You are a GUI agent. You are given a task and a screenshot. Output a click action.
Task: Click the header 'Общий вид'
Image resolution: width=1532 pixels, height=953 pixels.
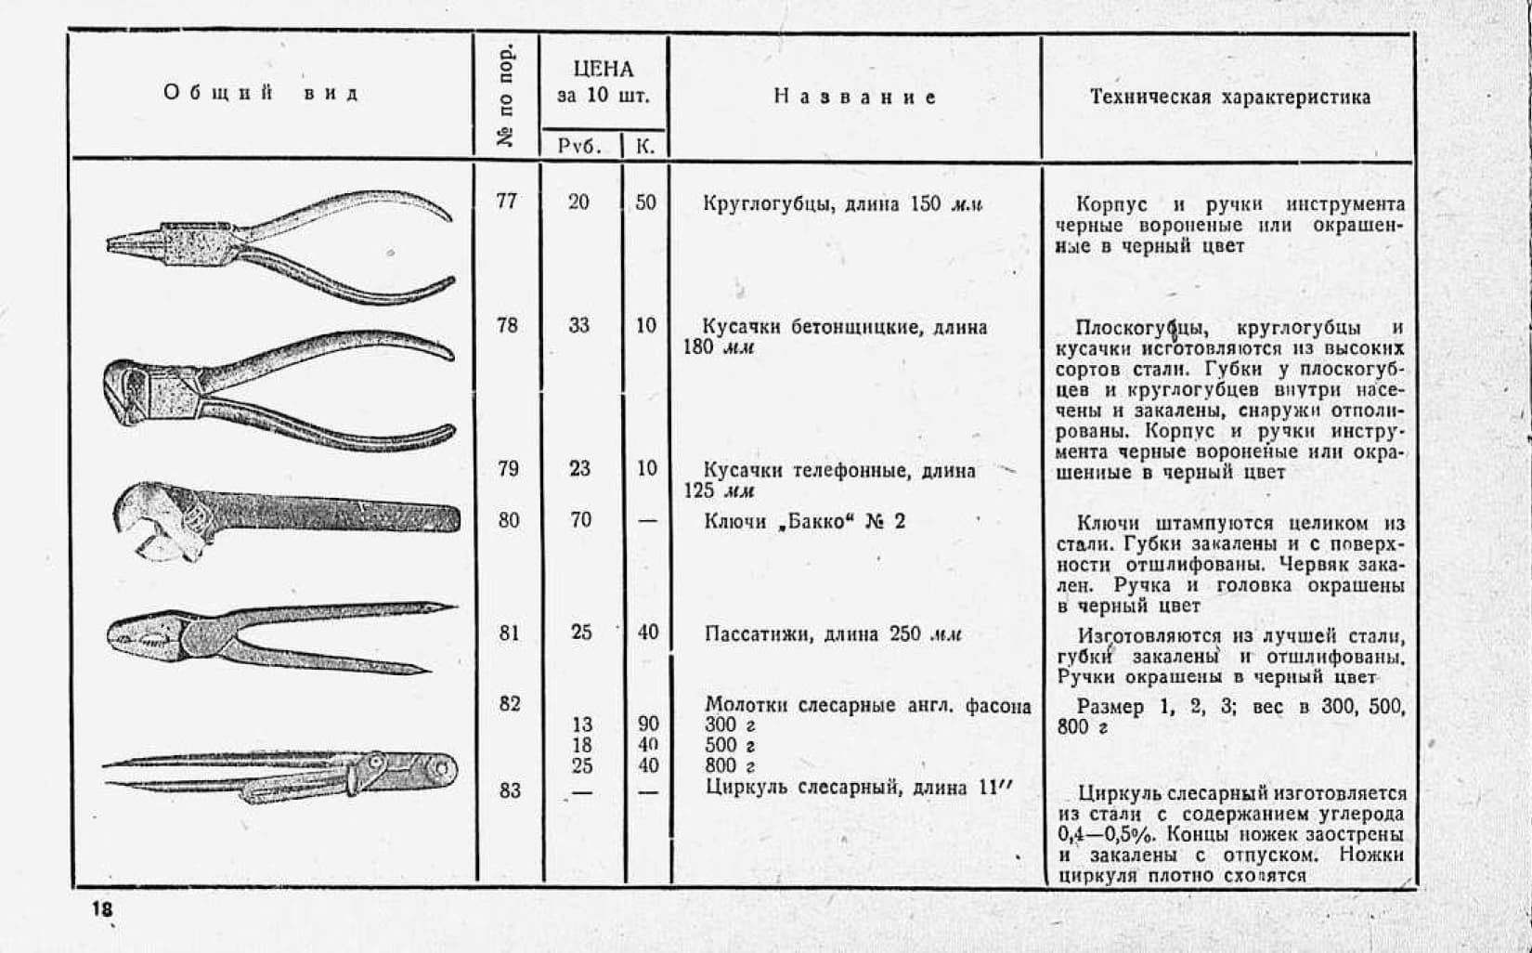click(261, 93)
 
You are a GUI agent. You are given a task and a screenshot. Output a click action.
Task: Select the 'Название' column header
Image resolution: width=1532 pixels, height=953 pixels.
click(854, 97)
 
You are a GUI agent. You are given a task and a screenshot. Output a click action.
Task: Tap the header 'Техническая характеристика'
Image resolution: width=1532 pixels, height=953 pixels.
click(1229, 98)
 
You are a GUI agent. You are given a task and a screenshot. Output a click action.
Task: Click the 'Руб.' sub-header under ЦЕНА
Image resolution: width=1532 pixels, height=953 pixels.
click(579, 146)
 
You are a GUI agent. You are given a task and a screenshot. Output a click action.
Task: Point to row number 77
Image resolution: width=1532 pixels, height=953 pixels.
click(506, 201)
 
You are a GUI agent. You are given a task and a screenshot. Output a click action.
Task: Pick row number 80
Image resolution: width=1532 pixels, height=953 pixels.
click(508, 520)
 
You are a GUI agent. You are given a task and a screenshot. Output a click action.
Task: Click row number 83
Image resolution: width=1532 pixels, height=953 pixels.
click(509, 790)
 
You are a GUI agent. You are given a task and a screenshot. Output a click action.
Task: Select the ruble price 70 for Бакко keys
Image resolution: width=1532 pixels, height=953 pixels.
click(580, 520)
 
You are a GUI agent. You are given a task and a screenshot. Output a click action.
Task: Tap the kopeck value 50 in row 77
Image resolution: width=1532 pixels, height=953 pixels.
click(645, 202)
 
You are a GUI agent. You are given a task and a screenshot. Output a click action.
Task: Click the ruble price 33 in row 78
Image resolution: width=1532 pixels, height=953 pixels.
click(579, 325)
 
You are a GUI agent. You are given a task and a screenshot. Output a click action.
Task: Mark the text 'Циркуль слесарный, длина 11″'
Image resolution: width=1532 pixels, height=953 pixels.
click(858, 788)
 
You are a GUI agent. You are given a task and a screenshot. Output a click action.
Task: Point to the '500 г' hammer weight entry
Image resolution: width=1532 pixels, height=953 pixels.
click(730, 745)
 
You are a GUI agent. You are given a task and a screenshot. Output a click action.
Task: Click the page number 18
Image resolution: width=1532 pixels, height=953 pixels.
click(102, 909)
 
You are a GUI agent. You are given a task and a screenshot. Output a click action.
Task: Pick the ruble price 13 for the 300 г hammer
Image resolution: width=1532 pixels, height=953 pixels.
click(581, 725)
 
